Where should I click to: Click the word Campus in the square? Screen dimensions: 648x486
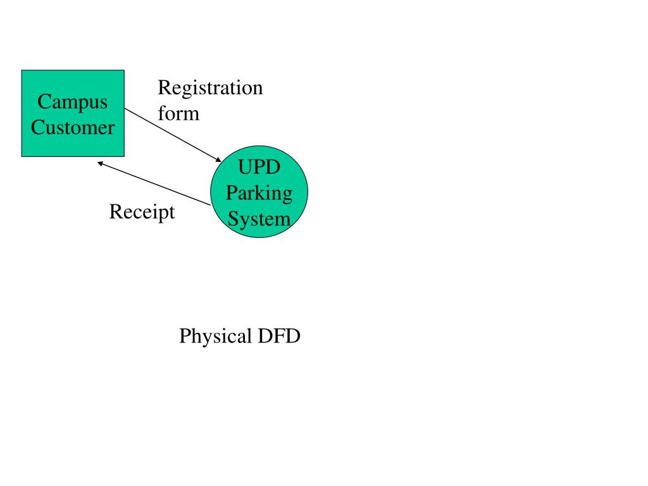[x=72, y=103]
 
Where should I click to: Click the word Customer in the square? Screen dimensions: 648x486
[x=73, y=127]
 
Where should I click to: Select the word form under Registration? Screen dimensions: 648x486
[x=178, y=113]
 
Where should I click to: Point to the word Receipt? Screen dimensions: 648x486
[x=142, y=213]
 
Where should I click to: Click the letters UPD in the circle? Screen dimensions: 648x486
[x=259, y=167]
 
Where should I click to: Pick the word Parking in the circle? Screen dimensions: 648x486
[x=259, y=194]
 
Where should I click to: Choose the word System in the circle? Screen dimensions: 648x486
[x=259, y=218]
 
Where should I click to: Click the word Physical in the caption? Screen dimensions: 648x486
[x=215, y=337]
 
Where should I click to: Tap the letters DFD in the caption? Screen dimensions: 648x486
[x=279, y=335]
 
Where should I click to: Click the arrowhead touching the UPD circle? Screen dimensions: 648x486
[x=218, y=159]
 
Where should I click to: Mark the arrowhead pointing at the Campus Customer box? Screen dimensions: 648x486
[x=101, y=164]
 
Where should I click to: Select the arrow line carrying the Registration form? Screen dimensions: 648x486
[x=173, y=135]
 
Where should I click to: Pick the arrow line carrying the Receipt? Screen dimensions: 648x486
[x=154, y=184]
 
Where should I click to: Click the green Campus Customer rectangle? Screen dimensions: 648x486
[x=73, y=113]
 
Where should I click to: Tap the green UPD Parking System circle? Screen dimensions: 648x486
[x=259, y=192]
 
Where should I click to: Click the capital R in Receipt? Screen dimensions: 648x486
[x=116, y=211]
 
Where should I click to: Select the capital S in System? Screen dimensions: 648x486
[x=234, y=218]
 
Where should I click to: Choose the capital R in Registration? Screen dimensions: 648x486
[x=165, y=87]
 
